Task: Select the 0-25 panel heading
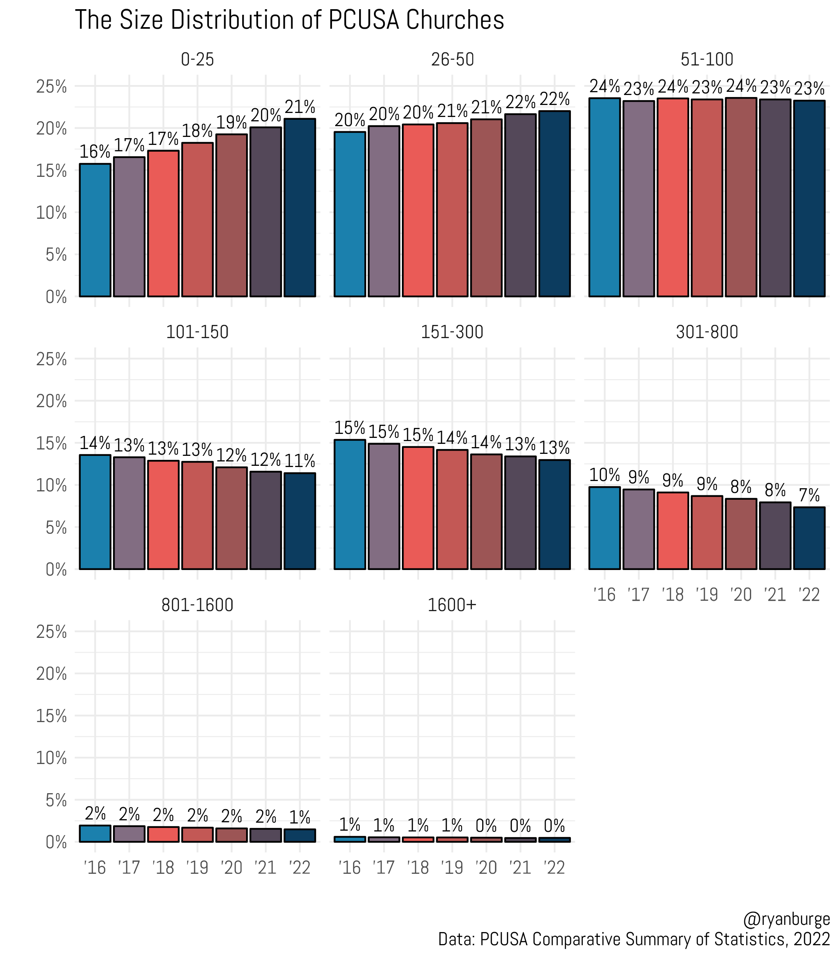tap(197, 59)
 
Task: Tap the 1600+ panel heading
tap(452, 605)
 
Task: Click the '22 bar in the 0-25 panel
tap(300, 208)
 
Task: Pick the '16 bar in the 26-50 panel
tap(350, 214)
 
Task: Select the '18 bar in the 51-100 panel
tap(673, 198)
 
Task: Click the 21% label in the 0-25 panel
tap(300, 107)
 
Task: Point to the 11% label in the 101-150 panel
tap(300, 461)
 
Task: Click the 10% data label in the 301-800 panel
tap(604, 475)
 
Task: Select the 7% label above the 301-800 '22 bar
tap(809, 495)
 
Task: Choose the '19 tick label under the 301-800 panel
tap(707, 594)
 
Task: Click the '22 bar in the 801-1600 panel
tap(300, 835)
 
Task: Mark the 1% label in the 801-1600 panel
tap(300, 817)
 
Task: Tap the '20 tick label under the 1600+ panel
tap(486, 868)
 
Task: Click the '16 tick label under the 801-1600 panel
tap(95, 868)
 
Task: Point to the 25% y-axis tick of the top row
tap(52, 87)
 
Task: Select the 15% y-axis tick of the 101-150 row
tap(52, 443)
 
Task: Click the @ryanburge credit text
tap(786, 919)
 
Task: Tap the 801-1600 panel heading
tap(197, 605)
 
